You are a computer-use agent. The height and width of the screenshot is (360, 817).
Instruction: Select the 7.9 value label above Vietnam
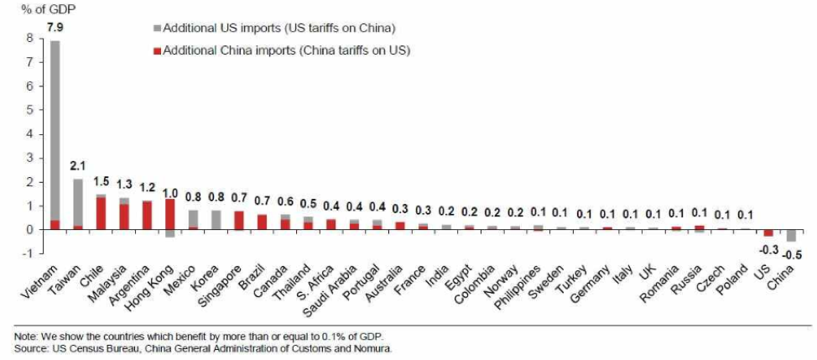click(55, 28)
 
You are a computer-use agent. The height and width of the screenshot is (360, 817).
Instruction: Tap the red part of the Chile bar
click(101, 214)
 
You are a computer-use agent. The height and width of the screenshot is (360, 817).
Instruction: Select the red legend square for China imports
click(157, 50)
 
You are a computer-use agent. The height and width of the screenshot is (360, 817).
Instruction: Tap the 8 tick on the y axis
click(30, 39)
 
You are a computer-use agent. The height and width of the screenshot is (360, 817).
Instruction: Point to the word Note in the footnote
click(25, 336)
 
